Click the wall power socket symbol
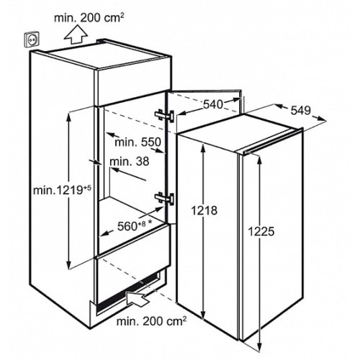click(x=32, y=40)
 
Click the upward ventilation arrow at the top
click(x=76, y=35)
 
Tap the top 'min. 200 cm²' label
click(x=89, y=18)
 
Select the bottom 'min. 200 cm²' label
click(x=151, y=322)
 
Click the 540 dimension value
click(x=213, y=104)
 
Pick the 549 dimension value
click(x=301, y=110)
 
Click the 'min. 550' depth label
click(x=138, y=142)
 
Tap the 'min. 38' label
click(x=130, y=161)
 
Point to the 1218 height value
click(x=204, y=210)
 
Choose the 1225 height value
click(x=261, y=232)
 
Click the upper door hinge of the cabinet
click(x=164, y=116)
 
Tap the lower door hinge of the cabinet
click(x=164, y=199)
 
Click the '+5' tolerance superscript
click(x=88, y=188)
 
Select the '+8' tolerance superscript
click(x=142, y=224)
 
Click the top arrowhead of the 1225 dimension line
click(x=259, y=160)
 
